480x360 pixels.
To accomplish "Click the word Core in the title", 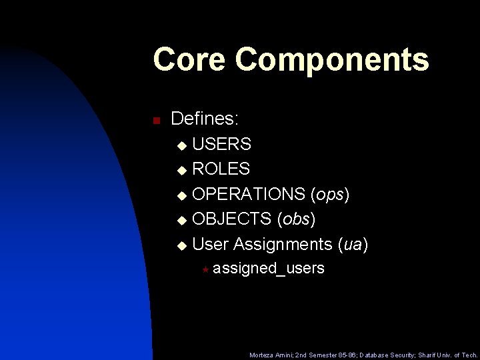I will (x=189, y=59).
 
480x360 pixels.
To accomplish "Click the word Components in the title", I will (x=331, y=61).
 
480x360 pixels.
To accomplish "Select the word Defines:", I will (x=205, y=119).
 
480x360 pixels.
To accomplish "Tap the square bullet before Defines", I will (x=155, y=121).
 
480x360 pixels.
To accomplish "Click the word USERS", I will (x=221, y=144).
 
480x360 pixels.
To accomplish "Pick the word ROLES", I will (x=221, y=169).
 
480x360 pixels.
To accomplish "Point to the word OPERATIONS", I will (x=249, y=194).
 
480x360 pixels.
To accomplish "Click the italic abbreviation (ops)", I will (x=330, y=195).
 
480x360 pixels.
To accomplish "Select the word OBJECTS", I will (x=231, y=219).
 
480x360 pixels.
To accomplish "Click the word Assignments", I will (x=283, y=245).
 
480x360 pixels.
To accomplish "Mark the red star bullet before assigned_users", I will (x=206, y=269).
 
